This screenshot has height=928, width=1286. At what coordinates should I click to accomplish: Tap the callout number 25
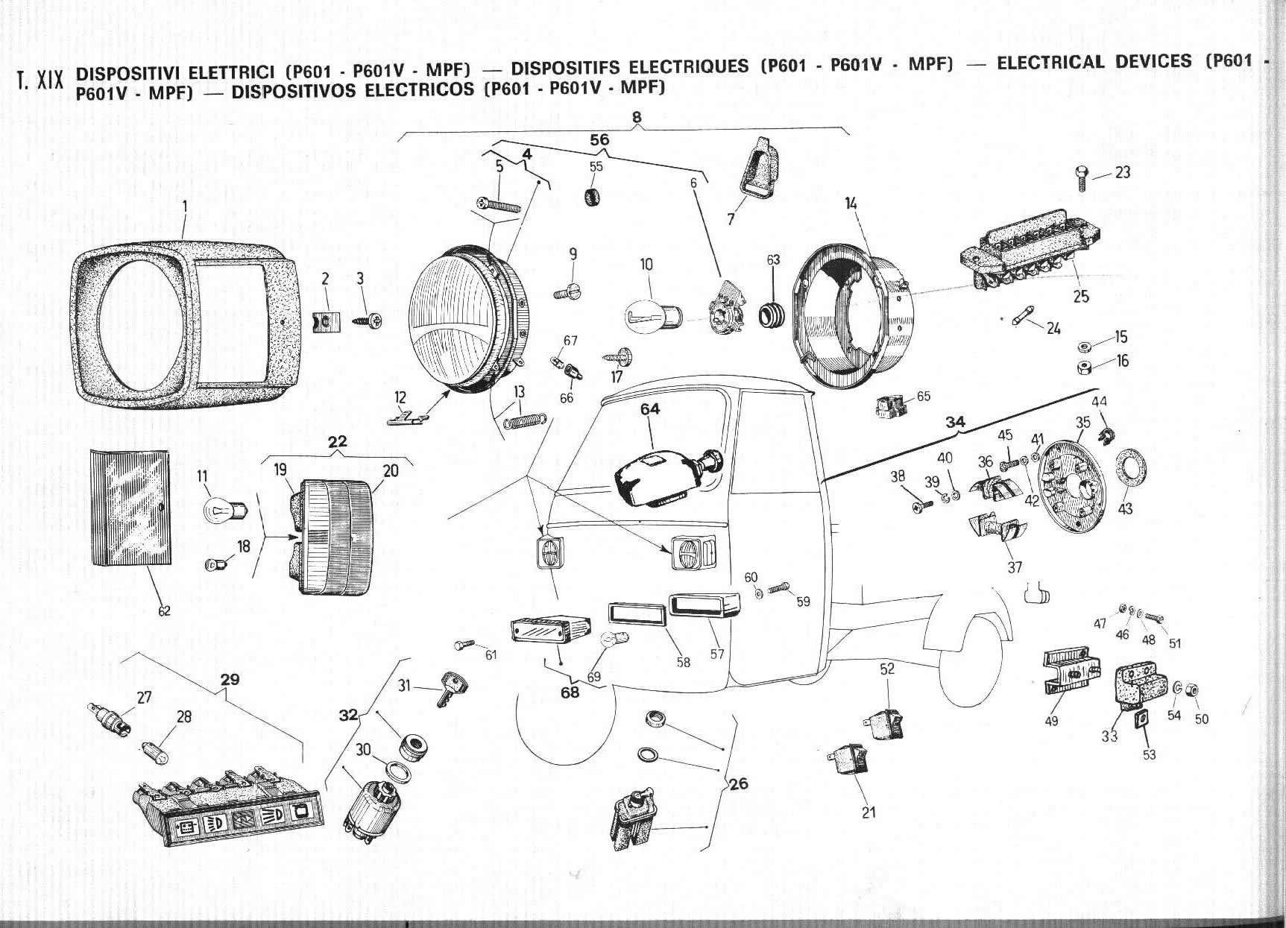pos(1080,296)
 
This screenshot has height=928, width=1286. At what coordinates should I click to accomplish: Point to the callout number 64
pos(650,409)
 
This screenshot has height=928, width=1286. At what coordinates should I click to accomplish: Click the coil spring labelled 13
pos(524,417)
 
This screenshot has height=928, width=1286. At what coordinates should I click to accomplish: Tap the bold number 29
pos(230,680)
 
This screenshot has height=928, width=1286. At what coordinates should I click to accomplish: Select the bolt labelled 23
pos(1081,176)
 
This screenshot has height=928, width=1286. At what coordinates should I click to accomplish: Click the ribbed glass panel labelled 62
pos(130,507)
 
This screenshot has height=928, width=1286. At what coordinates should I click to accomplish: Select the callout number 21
pos(869,812)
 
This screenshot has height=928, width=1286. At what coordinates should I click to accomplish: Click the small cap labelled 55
pos(593,198)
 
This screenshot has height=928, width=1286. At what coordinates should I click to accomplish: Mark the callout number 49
pos(1052,721)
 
